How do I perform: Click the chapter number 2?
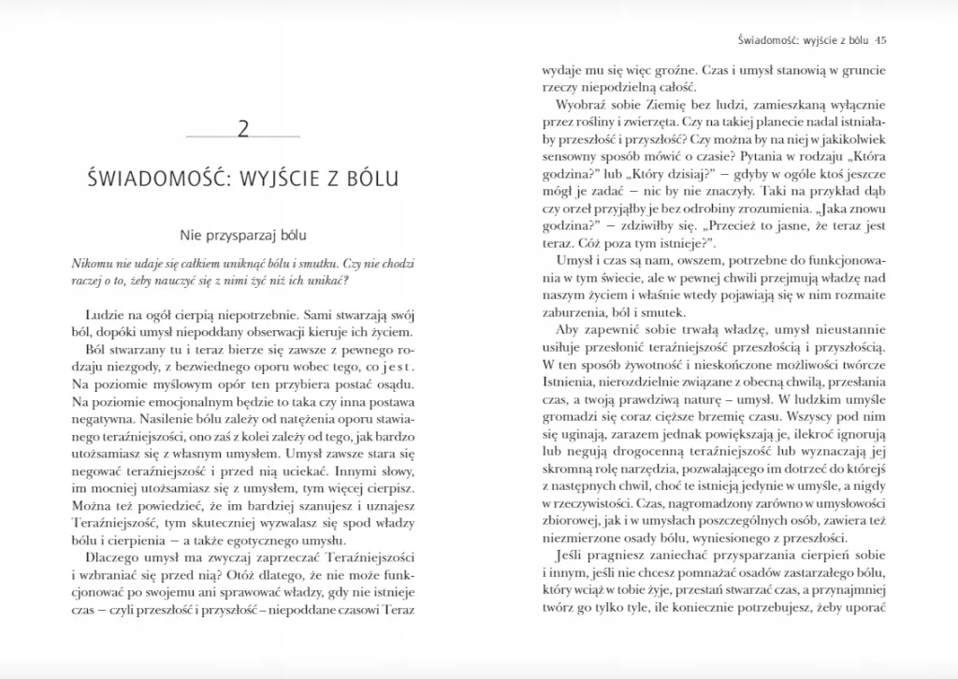[243, 128]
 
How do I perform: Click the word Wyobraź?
[580, 105]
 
